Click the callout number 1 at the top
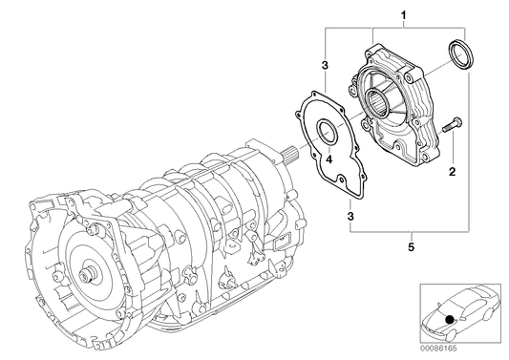[x=404, y=15]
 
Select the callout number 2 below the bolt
[x=453, y=172]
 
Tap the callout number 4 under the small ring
[x=329, y=159]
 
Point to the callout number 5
[x=412, y=247]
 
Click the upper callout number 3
[x=325, y=65]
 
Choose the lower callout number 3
[x=350, y=216]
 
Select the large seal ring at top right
[x=461, y=54]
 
